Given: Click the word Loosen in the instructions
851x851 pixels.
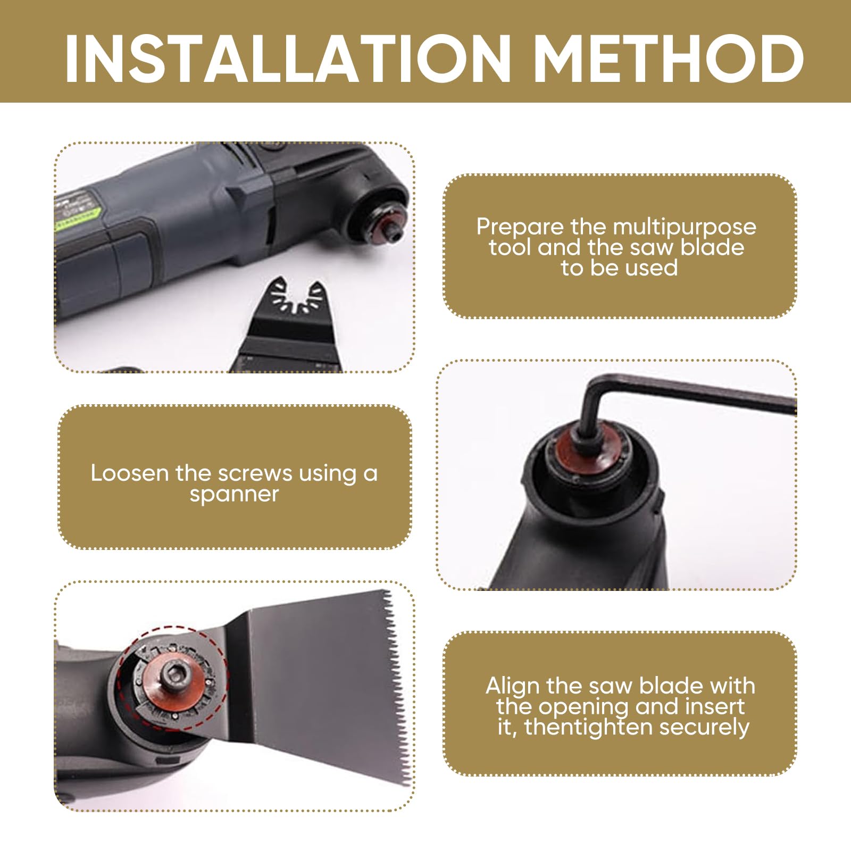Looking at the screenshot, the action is click(x=130, y=473).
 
